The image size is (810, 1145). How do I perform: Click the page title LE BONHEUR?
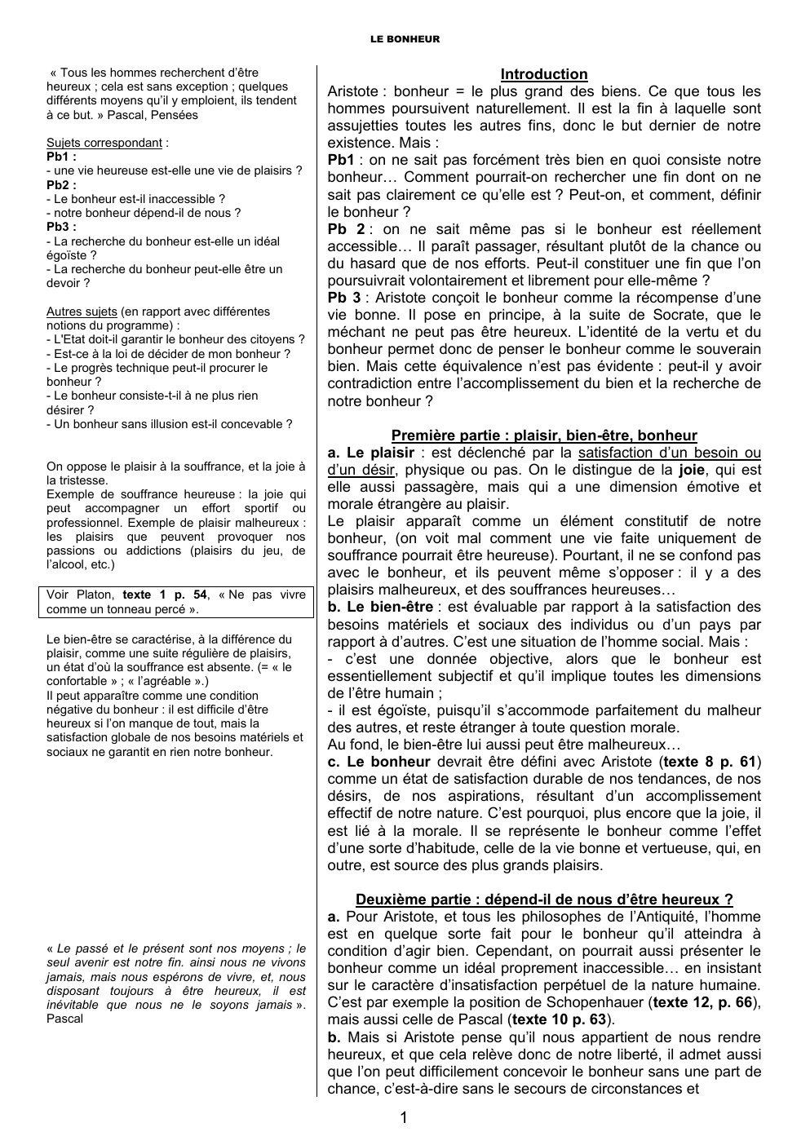click(405, 38)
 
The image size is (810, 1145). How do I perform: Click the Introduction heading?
click(543, 74)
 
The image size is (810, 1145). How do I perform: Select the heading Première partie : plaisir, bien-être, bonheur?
click(543, 435)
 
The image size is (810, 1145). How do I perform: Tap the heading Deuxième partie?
click(543, 900)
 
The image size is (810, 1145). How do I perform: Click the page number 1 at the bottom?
click(404, 1117)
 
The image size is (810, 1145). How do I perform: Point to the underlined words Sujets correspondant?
click(104, 143)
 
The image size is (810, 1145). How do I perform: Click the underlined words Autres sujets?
click(82, 312)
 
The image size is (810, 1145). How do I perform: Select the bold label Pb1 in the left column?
click(61, 157)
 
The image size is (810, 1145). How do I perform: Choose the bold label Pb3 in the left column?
click(61, 227)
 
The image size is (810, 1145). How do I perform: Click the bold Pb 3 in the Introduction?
click(343, 298)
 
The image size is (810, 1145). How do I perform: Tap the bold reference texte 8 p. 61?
click(709, 763)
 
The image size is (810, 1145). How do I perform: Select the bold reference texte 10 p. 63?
click(562, 1019)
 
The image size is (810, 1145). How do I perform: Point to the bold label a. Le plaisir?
click(370, 453)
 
